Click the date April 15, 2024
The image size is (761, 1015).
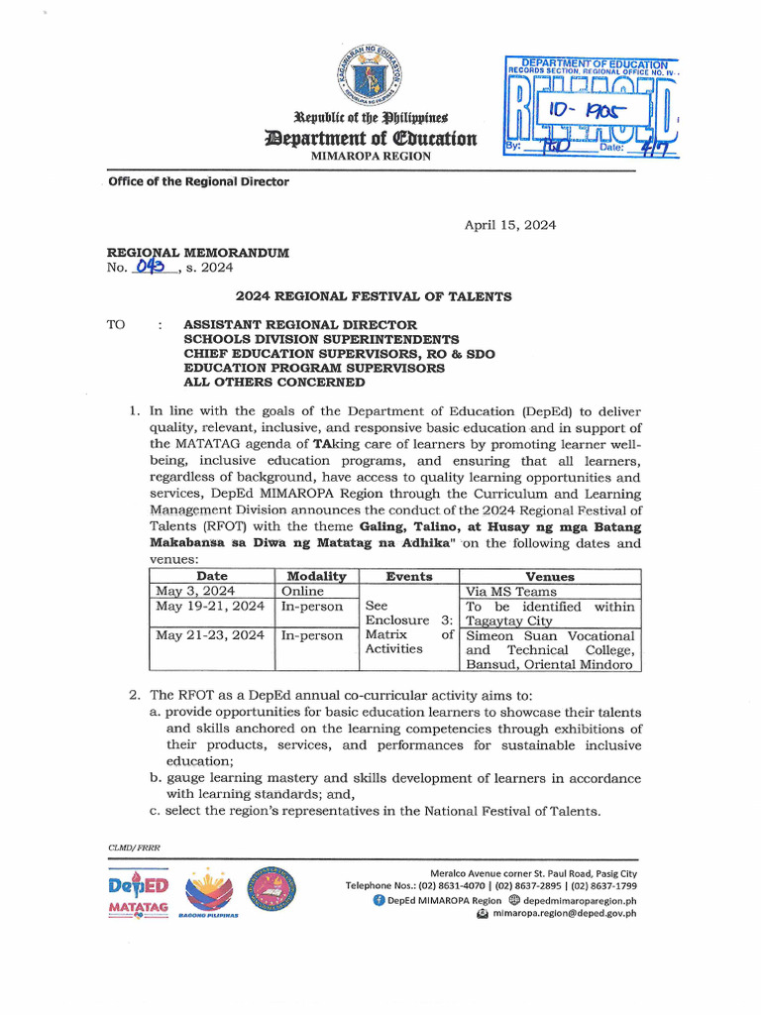coord(510,225)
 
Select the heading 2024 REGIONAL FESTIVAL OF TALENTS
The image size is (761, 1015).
coord(373,295)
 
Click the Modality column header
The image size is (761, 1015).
coord(316,576)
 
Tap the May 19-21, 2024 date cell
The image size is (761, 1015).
coord(210,607)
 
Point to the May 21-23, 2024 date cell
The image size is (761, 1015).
coord(210,635)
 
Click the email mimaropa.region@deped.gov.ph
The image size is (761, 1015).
coord(564,913)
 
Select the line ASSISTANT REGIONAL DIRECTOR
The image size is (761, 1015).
coord(300,325)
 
